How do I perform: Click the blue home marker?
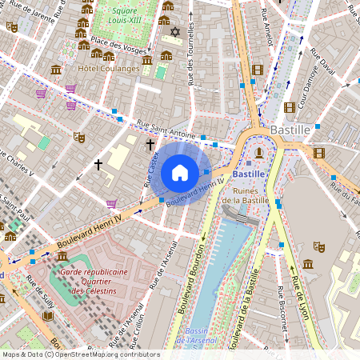(x=180, y=172)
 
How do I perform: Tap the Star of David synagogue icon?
(x=175, y=32)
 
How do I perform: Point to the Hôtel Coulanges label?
(x=108, y=69)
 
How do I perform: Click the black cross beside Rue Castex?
(x=150, y=145)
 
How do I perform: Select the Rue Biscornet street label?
(x=281, y=308)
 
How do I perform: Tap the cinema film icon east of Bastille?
(x=319, y=153)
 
